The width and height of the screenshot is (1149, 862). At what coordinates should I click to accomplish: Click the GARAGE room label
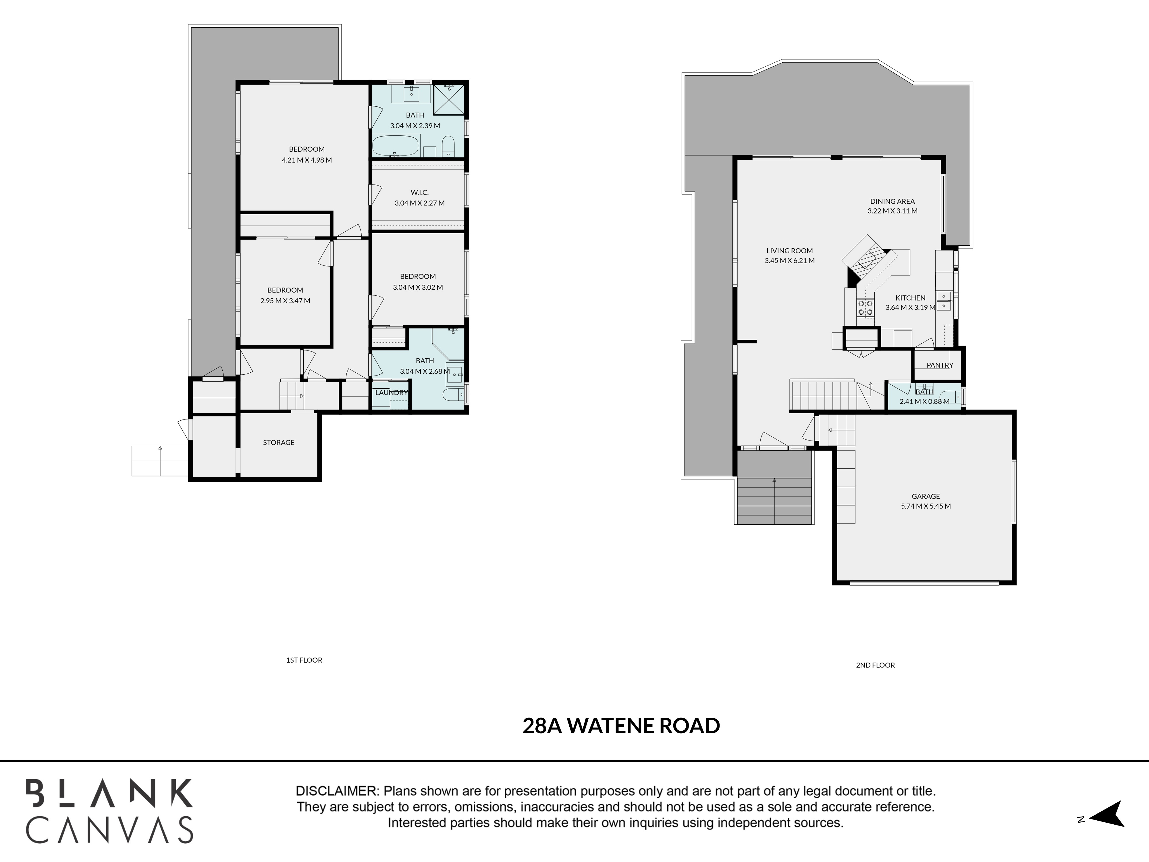[x=926, y=496]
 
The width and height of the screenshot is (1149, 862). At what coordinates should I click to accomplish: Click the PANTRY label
[x=940, y=365]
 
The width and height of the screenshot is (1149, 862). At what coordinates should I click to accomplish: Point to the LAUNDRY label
[x=391, y=393]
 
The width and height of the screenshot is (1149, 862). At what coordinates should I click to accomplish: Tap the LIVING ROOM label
[x=790, y=251]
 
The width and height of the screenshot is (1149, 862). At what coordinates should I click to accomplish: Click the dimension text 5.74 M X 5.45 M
[x=926, y=506]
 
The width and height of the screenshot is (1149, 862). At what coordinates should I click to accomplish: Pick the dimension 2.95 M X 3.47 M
[x=285, y=301]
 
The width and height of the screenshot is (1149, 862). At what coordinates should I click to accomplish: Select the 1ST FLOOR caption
[x=304, y=660]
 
